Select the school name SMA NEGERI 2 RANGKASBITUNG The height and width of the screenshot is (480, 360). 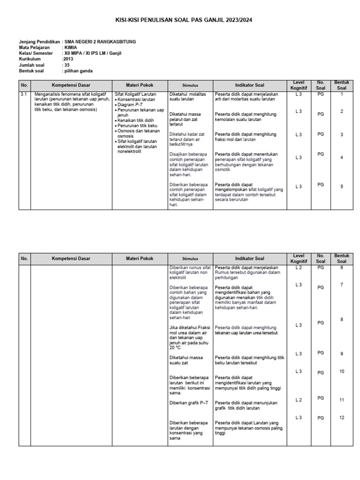(x=100, y=42)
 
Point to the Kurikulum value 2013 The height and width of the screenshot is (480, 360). (x=68, y=60)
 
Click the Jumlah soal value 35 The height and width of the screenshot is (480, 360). (x=67, y=65)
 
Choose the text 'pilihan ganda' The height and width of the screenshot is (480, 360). (x=78, y=71)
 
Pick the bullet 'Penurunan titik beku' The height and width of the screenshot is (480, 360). (x=137, y=126)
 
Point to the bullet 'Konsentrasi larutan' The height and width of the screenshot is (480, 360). (x=137, y=99)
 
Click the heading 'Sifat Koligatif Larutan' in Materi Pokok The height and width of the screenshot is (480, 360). (x=135, y=94)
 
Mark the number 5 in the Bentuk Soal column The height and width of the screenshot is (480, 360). (x=342, y=187)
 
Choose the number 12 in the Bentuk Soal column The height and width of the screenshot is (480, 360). (x=342, y=417)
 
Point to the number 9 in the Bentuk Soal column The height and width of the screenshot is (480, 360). (x=342, y=354)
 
